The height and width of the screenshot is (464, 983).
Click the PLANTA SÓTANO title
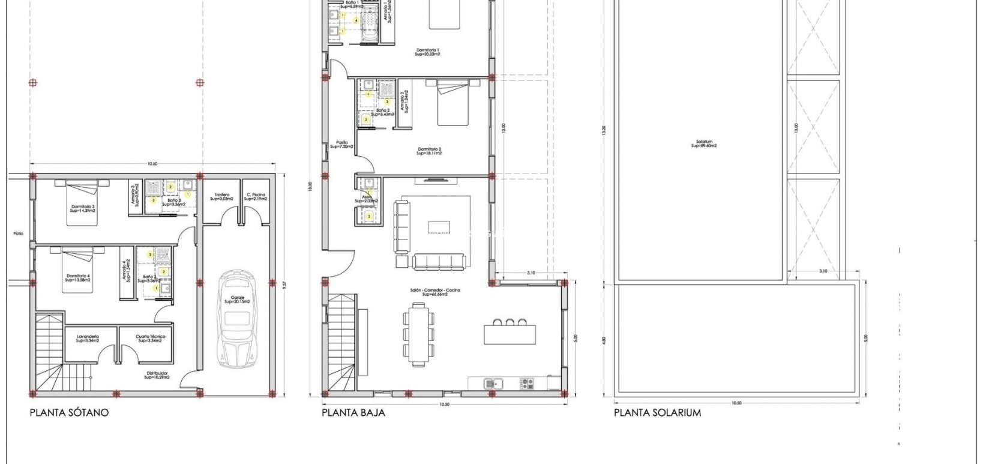(69, 413)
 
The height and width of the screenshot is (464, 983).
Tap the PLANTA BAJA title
(353, 413)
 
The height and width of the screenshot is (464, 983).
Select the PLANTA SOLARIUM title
(657, 413)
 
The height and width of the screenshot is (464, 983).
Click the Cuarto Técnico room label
(150, 338)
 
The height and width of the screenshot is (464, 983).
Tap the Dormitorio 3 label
(82, 208)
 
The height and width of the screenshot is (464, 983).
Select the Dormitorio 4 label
(78, 278)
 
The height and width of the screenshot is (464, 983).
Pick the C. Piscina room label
(256, 196)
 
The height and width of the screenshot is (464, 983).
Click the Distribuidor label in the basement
(157, 375)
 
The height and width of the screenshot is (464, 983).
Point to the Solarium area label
(703, 144)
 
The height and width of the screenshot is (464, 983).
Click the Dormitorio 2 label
(429, 151)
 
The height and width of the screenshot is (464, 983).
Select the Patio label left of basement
(18, 234)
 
